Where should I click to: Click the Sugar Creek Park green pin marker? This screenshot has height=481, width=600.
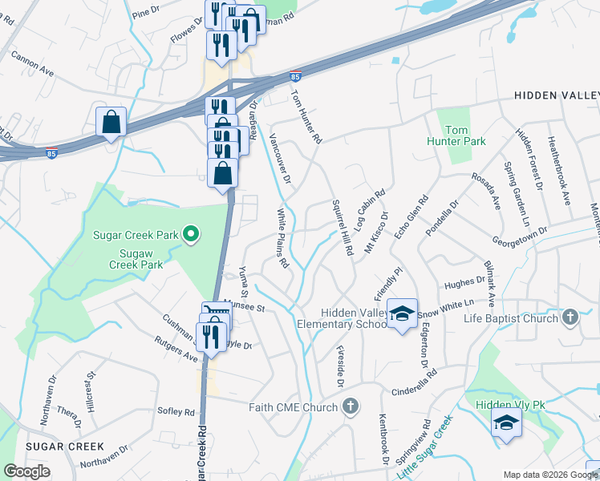pos(191,235)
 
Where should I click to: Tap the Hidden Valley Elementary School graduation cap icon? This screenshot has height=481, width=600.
pos(403,313)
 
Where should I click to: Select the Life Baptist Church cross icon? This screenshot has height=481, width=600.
pos(570,317)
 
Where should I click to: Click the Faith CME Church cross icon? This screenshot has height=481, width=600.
pos(350,407)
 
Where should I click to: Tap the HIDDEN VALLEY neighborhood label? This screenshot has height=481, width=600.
pos(556,95)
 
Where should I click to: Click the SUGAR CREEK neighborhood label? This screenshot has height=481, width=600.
pos(64,446)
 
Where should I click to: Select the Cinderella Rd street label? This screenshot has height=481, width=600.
pos(414,386)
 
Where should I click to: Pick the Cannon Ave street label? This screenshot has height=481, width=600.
pos(33,65)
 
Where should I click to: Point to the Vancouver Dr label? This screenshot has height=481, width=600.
pos(280,160)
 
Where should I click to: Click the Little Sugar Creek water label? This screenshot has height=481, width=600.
pos(425,447)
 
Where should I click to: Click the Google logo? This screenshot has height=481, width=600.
pos(26,471)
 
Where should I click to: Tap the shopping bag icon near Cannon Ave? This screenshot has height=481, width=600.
pos(111,123)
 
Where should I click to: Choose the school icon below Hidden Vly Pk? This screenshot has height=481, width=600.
pos(506,424)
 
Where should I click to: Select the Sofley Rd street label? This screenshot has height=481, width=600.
pos(178,413)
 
